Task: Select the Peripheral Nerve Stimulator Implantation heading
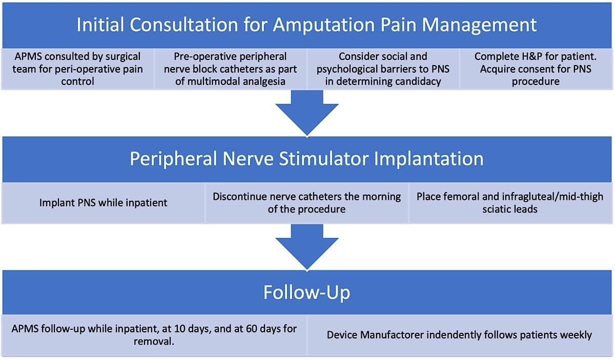tap(306, 159)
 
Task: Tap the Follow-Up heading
tap(306, 292)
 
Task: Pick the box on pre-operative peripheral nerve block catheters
tap(230, 69)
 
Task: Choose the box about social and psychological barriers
tap(383, 69)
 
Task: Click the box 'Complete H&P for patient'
tap(536, 69)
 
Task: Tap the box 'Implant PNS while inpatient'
tap(103, 203)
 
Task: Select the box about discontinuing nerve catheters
tap(306, 203)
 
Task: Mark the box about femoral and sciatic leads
tap(510, 203)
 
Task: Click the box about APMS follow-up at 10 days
tap(154, 335)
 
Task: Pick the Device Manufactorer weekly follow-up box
tap(459, 335)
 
